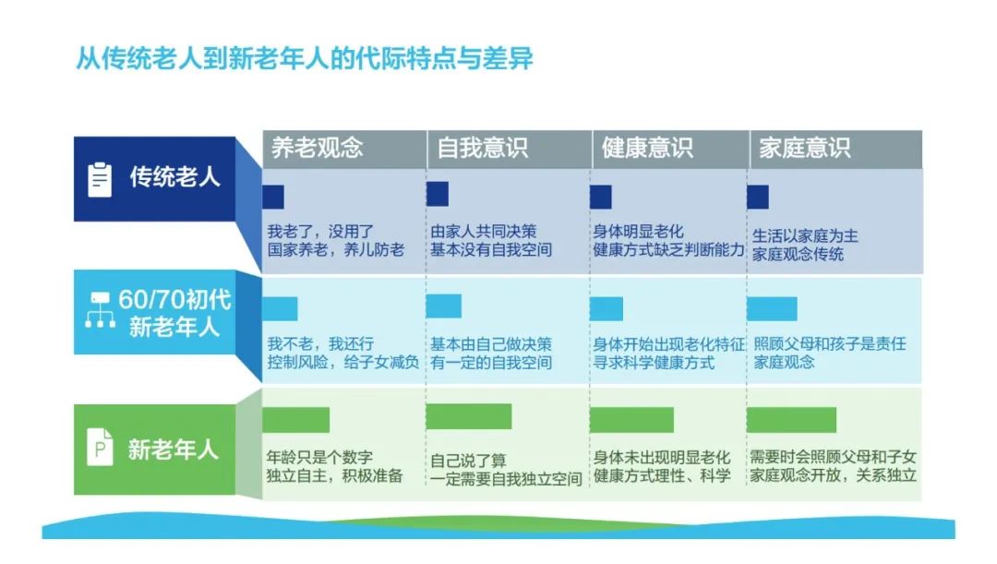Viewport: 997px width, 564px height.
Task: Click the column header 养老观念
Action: (x=318, y=148)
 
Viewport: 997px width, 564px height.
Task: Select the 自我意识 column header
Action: (x=483, y=148)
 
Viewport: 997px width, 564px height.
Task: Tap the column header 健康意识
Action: (x=647, y=148)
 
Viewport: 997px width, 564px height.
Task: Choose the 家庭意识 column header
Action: (x=804, y=148)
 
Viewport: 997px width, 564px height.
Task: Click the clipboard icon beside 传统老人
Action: (x=100, y=179)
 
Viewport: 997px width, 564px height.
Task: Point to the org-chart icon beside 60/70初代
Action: (x=101, y=310)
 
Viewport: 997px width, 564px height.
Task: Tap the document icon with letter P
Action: (x=100, y=448)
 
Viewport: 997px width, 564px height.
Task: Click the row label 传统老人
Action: (x=174, y=176)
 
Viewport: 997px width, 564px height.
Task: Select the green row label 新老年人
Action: (x=173, y=450)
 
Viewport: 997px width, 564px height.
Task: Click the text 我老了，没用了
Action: (x=320, y=231)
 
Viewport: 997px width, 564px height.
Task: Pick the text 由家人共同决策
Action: (x=483, y=231)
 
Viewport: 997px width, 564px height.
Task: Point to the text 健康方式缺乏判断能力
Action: (x=669, y=249)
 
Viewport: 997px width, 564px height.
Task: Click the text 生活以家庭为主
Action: (x=805, y=236)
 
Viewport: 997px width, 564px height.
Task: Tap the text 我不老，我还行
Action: (x=320, y=344)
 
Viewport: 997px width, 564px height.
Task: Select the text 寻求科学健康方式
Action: (x=654, y=363)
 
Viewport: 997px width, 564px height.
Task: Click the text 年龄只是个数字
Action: (x=319, y=457)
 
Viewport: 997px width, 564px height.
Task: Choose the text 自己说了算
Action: (x=468, y=461)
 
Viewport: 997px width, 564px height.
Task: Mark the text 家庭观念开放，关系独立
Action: (x=833, y=475)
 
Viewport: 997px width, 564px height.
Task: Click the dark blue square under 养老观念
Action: (x=273, y=198)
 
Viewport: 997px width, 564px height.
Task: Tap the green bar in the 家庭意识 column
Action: (x=792, y=420)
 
